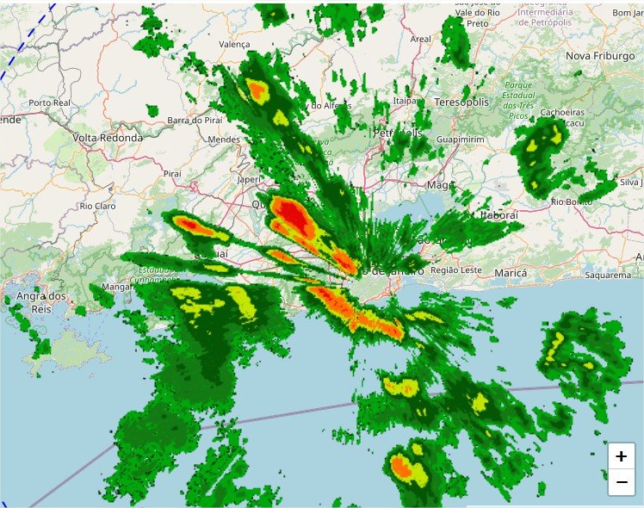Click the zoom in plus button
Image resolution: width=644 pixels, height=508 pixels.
[x=621, y=456]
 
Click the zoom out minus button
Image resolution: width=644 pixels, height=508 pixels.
[x=621, y=482]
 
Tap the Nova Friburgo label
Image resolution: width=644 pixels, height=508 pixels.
[x=599, y=56]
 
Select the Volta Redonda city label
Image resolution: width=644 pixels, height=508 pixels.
[x=108, y=138]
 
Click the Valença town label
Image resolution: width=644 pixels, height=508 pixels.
[x=234, y=44]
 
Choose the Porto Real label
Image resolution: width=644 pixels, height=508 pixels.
[x=49, y=103]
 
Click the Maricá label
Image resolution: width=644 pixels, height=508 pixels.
[x=511, y=273]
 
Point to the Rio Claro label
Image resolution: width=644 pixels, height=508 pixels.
[x=97, y=207]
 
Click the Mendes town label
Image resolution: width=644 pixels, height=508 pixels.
[x=224, y=139]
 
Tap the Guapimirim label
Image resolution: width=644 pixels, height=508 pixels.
[x=461, y=139]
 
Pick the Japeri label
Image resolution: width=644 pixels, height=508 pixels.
[x=249, y=180]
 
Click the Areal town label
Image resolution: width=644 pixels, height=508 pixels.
[x=421, y=39]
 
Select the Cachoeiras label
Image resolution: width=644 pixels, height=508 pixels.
[x=561, y=113]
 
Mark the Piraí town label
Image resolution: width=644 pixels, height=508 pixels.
[x=172, y=174]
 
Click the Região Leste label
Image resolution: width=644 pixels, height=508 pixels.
[x=456, y=270]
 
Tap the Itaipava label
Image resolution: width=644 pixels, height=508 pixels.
[x=406, y=101]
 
